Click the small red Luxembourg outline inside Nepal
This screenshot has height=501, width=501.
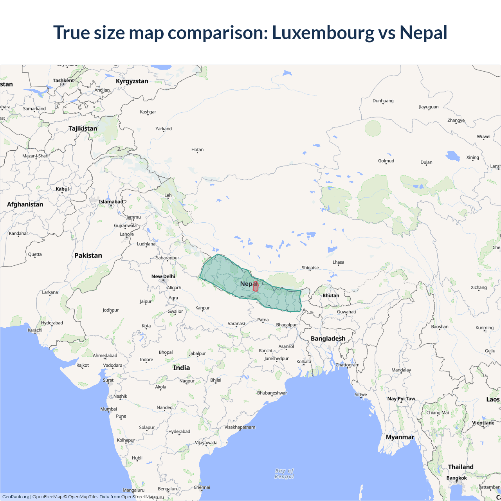pyautogui.click(x=256, y=287)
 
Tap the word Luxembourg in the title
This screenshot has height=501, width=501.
pyautogui.click(x=323, y=32)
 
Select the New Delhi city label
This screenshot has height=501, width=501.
pyautogui.click(x=163, y=276)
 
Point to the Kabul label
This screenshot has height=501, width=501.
pyautogui.click(x=62, y=189)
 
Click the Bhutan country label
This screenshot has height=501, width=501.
pyautogui.click(x=331, y=296)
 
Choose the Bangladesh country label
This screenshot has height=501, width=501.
pyautogui.click(x=328, y=339)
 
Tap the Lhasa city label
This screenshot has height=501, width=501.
pyautogui.click(x=339, y=262)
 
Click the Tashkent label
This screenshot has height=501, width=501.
pyautogui.click(x=63, y=81)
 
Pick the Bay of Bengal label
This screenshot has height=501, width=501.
pyautogui.click(x=284, y=474)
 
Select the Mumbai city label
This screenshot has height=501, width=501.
pyautogui.click(x=108, y=409)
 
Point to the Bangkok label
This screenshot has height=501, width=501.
pyautogui.click(x=456, y=478)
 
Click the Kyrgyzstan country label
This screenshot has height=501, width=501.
pyautogui.click(x=132, y=81)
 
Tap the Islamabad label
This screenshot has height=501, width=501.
pyautogui.click(x=111, y=202)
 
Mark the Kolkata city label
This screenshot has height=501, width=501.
pyautogui.click(x=304, y=362)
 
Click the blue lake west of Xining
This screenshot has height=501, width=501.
pyautogui.click(x=453, y=156)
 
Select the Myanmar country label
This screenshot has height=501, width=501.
pyautogui.click(x=400, y=437)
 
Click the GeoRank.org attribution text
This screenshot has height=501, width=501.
pyautogui.click(x=16, y=497)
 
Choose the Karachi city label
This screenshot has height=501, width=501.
pyautogui.click(x=35, y=330)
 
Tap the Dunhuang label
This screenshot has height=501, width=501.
pyautogui.click(x=383, y=101)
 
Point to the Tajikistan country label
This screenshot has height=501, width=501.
pyautogui.click(x=83, y=128)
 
